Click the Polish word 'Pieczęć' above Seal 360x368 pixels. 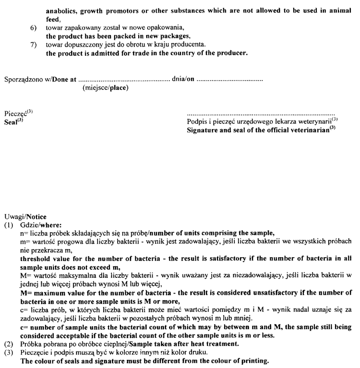[x=14, y=113]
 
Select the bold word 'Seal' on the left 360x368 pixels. [x=12, y=120]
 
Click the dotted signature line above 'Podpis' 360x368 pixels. [x=260, y=115]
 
